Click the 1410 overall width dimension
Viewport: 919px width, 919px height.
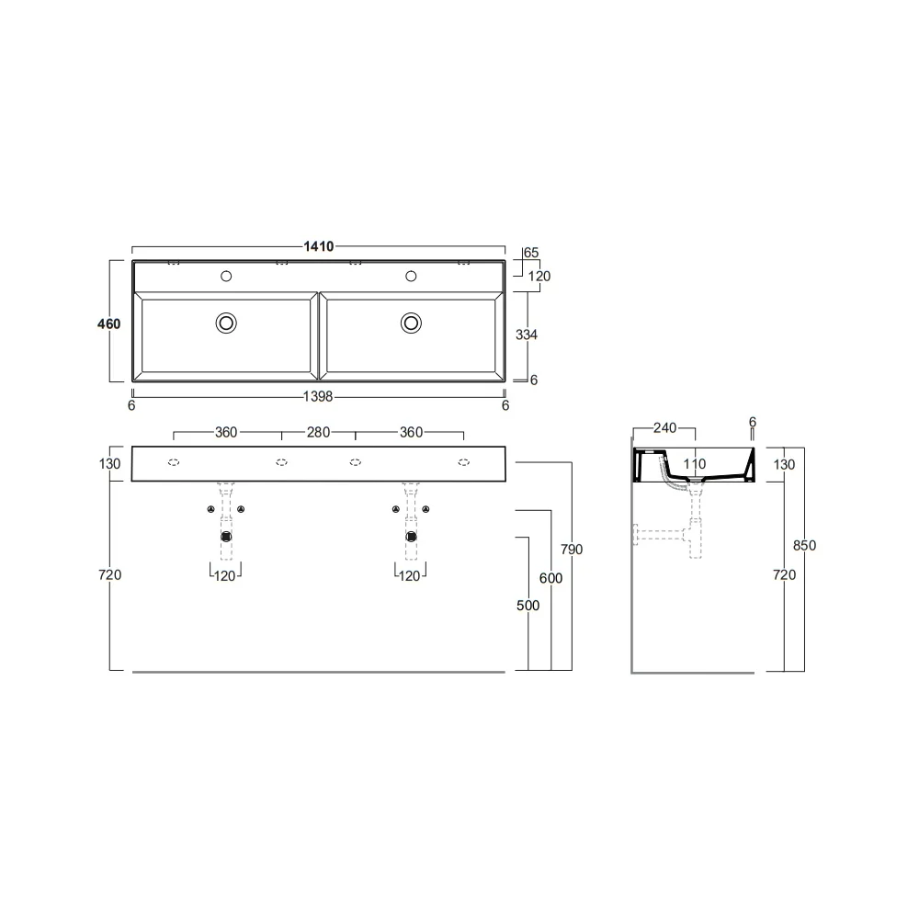318,246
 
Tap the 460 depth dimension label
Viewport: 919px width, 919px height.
109,323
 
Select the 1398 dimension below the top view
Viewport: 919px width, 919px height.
318,397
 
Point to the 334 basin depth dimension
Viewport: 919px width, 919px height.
527,335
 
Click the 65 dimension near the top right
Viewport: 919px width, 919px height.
531,253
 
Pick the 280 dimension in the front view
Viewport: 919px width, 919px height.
318,433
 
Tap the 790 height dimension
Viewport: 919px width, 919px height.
572,550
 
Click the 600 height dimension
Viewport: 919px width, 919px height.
550,578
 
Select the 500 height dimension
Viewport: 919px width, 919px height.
528,606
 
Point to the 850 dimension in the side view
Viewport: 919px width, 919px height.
804,546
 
